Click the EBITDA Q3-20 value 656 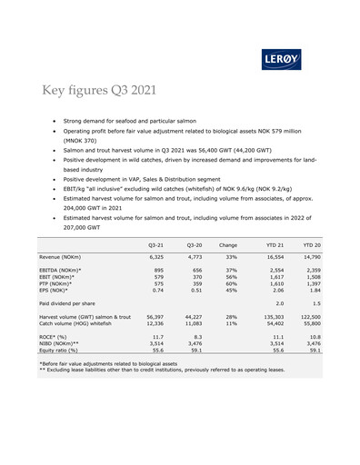(193, 272)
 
